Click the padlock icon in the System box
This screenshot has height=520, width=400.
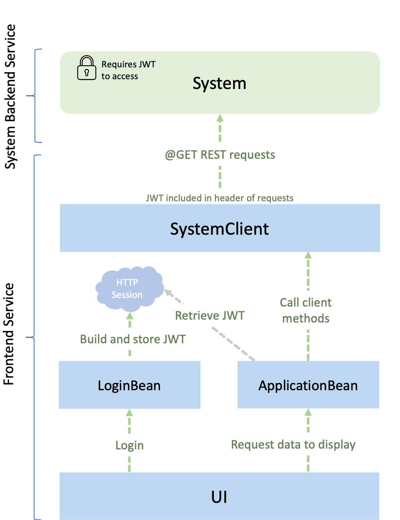pyautogui.click(x=87, y=68)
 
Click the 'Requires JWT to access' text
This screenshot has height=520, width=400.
pyautogui.click(x=128, y=70)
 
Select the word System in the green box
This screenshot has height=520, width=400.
pyautogui.click(x=219, y=84)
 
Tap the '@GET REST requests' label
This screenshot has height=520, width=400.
pyautogui.click(x=220, y=155)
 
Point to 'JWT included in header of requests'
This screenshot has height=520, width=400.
pyautogui.click(x=220, y=198)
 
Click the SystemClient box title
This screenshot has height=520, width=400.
pyautogui.click(x=219, y=229)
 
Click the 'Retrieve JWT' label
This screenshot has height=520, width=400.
pyautogui.click(x=210, y=316)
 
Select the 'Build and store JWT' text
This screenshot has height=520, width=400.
pyautogui.click(x=133, y=339)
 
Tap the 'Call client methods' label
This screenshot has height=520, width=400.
pyautogui.click(x=306, y=310)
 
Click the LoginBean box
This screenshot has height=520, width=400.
pyautogui.click(x=129, y=385)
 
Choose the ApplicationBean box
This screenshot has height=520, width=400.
pyautogui.click(x=308, y=385)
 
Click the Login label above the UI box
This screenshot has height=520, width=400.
pyautogui.click(x=129, y=445)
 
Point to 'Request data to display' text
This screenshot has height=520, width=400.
pyautogui.click(x=293, y=444)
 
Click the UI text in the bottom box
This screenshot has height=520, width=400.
pyautogui.click(x=219, y=497)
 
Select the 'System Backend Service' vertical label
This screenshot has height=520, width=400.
pyautogui.click(x=10, y=97)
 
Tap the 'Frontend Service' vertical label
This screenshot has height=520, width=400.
pyautogui.click(x=9, y=334)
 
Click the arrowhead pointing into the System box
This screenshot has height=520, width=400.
pyautogui.click(x=220, y=118)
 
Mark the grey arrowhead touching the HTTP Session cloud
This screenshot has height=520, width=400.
pyautogui.click(x=168, y=292)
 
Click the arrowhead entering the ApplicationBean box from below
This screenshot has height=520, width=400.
pyautogui.click(x=308, y=412)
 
